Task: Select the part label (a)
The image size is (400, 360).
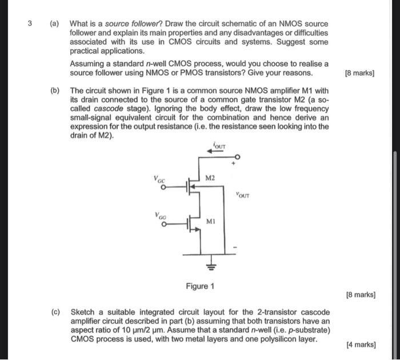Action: click(54, 24)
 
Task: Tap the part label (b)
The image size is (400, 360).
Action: click(54, 90)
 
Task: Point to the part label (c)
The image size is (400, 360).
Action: click(55, 312)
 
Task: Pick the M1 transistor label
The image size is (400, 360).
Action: click(210, 221)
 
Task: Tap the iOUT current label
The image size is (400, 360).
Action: click(218, 146)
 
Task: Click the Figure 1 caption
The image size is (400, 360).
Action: click(200, 286)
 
